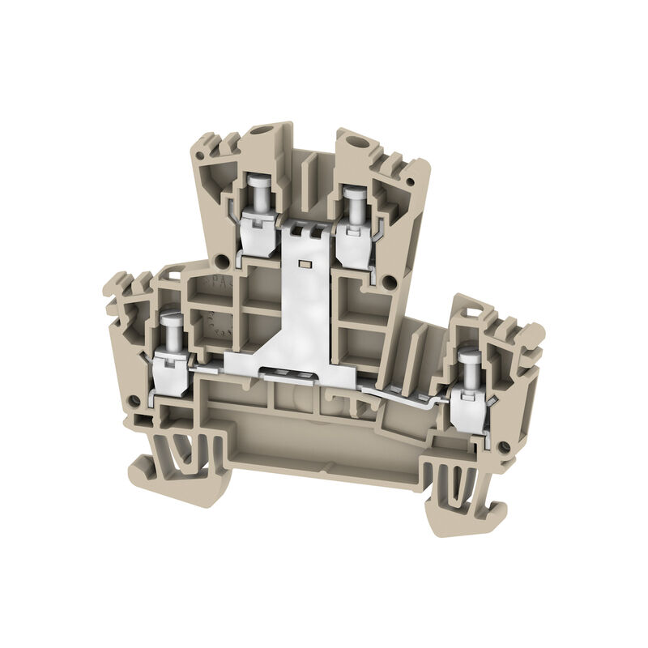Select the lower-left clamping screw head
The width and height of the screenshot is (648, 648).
(x=171, y=321)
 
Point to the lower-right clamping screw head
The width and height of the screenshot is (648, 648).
(x=467, y=357)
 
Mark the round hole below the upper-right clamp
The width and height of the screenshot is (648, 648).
(x=390, y=282)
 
